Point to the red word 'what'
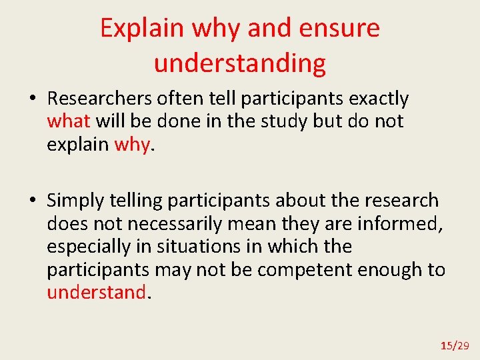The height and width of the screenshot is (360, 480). pyautogui.click(x=69, y=121)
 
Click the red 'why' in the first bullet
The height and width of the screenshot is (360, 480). pyautogui.click(x=132, y=144)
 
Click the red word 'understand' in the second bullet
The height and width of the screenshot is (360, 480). pyautogui.click(x=96, y=292)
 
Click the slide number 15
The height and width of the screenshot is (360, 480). pyautogui.click(x=446, y=345)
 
